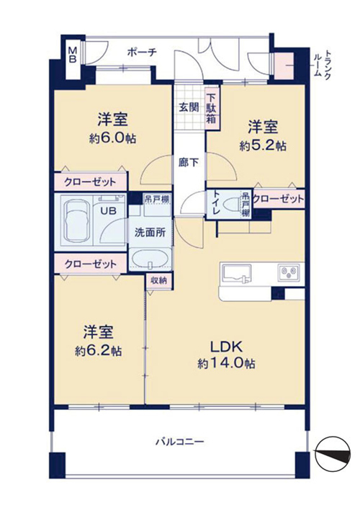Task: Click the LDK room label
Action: tap(226, 347)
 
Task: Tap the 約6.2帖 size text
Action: tap(99, 350)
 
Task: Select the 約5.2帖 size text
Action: tap(263, 146)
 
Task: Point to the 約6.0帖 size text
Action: tap(112, 138)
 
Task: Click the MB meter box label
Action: tap(73, 55)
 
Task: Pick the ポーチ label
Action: tap(142, 51)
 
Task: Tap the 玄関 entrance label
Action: tap(189, 107)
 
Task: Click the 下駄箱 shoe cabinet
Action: tap(212, 109)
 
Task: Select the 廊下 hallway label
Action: tap(189, 162)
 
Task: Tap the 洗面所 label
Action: tap(150, 232)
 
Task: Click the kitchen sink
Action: tap(236, 273)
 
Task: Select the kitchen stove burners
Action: tap(289, 272)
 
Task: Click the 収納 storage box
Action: tap(158, 280)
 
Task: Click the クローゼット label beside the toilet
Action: tap(279, 198)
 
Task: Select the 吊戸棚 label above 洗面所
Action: tap(157, 199)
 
